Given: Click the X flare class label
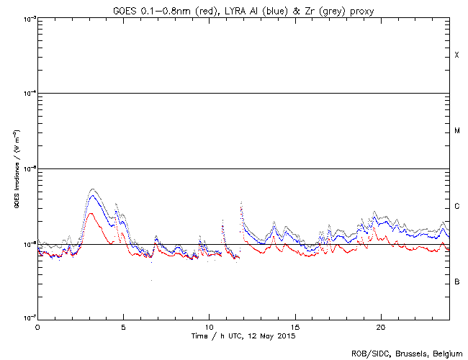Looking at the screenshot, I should (x=456, y=55).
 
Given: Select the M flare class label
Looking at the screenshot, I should (x=456, y=131).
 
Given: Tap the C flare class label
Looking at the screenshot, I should (x=456, y=207).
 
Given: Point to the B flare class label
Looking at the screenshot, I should (x=456, y=282).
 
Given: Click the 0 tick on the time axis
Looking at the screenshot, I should (x=37, y=326).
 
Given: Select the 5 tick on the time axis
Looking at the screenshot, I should (x=123, y=326).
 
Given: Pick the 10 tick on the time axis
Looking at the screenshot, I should (x=209, y=326).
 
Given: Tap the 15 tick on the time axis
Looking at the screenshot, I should (x=294, y=326).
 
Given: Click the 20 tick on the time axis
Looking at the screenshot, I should (x=380, y=326).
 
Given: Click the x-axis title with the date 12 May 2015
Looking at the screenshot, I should (x=243, y=336).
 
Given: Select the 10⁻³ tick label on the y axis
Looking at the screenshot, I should (x=27, y=18).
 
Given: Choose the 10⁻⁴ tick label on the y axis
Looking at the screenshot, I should (x=27, y=93).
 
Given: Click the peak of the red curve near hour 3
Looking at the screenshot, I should (x=90, y=213).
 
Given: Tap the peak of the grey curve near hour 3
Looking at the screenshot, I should (x=91, y=189).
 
